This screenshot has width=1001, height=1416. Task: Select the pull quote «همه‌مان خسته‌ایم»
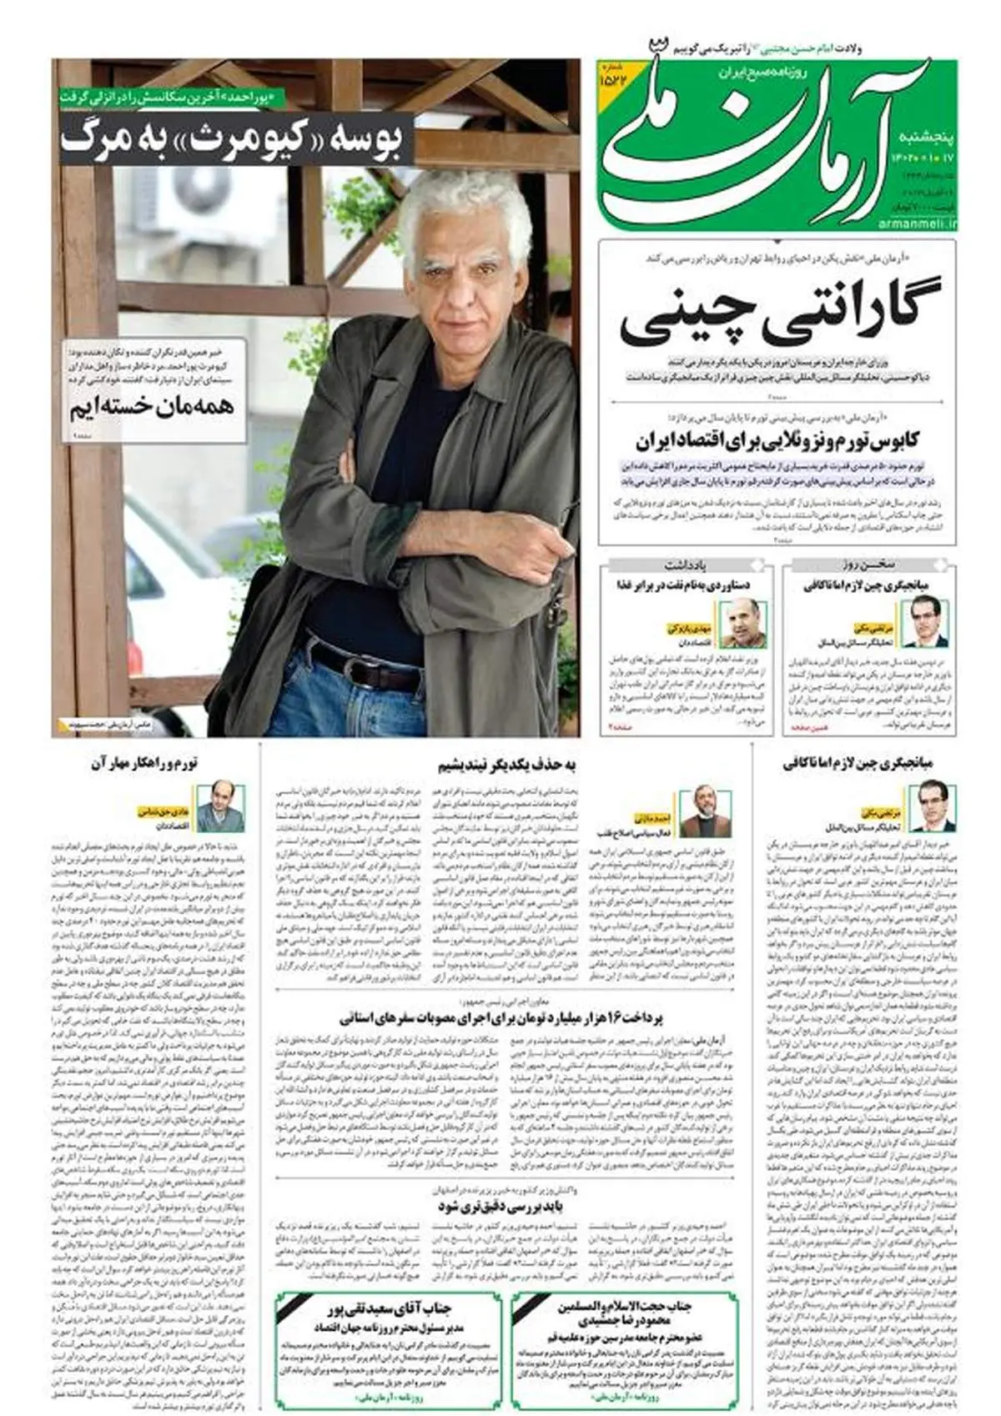153,408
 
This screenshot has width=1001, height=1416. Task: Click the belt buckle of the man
335,663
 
